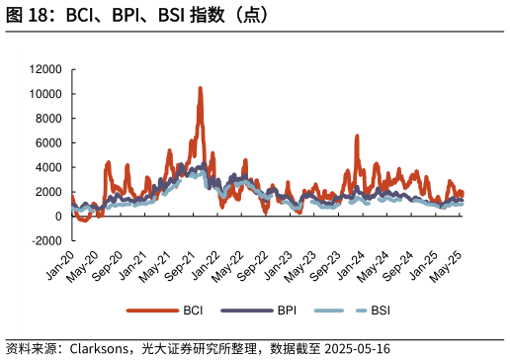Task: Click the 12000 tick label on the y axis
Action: (x=45, y=69)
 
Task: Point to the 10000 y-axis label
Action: (x=45, y=94)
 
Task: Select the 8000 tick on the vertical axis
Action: (x=48, y=119)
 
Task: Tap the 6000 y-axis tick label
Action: (x=48, y=142)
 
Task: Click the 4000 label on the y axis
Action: (x=48, y=167)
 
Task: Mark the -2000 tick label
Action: (x=46, y=240)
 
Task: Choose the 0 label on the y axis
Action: (x=58, y=216)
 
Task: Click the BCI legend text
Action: (x=194, y=311)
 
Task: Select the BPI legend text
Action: (x=288, y=311)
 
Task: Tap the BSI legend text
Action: (x=381, y=311)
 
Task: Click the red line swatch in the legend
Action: (x=151, y=311)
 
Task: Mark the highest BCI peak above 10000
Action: (x=200, y=88)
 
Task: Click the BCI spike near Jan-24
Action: (x=357, y=136)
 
